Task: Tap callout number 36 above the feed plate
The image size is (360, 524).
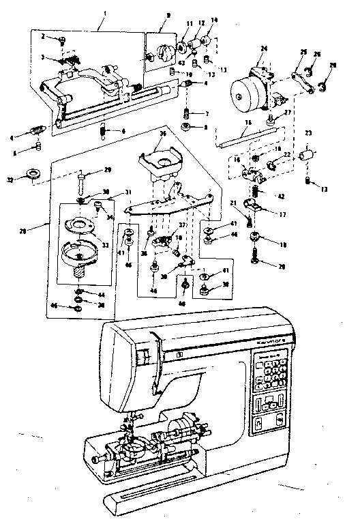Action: coord(163,134)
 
